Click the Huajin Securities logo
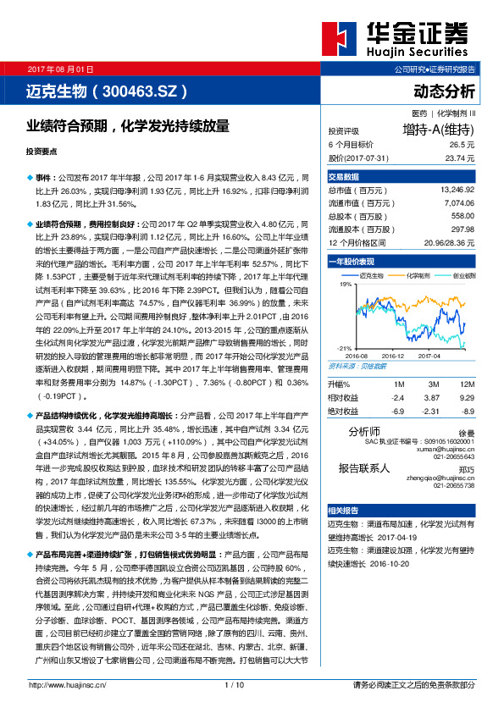(407, 37)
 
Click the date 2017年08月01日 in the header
(60, 68)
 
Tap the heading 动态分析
(444, 91)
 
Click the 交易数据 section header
(344, 177)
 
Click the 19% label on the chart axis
(345, 285)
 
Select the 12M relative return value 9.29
(465, 396)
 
